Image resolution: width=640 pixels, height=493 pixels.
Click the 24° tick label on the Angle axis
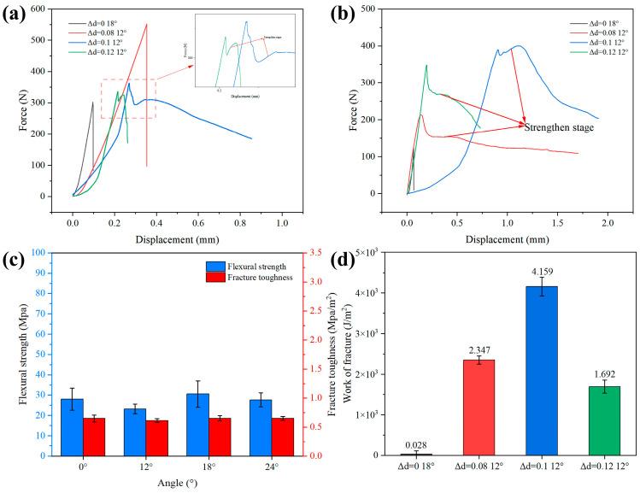pyautogui.click(x=272, y=468)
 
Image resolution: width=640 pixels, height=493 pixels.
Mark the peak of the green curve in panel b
pyautogui.click(x=426, y=65)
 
